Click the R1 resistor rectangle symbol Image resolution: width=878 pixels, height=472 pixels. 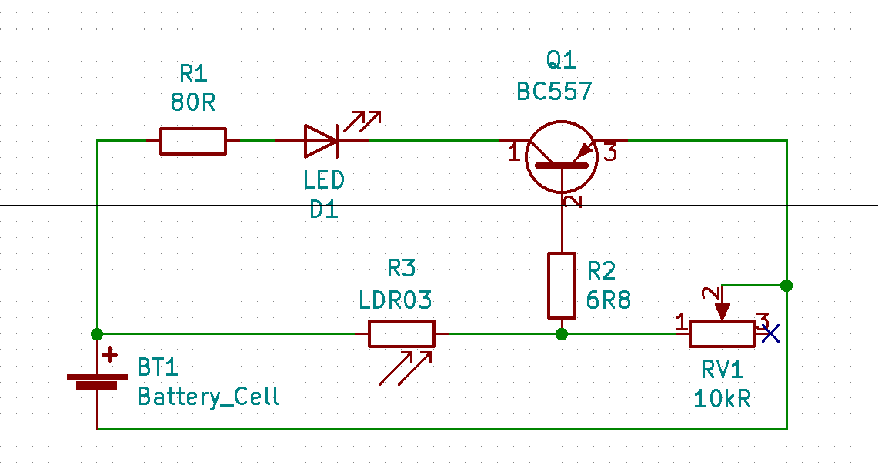tap(193, 141)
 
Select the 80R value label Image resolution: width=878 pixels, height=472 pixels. tap(193, 102)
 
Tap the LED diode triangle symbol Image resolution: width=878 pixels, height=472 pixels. tap(321, 141)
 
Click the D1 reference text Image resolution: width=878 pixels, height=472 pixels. tap(324, 209)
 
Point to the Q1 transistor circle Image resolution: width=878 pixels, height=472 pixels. tap(562, 156)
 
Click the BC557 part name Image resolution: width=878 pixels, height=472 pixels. tap(554, 92)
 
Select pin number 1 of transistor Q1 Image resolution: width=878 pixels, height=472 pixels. tap(514, 153)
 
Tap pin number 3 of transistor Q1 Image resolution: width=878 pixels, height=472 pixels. tap(609, 153)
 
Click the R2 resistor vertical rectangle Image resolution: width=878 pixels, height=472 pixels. tap(562, 285)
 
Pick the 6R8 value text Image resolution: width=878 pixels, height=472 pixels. tap(608, 300)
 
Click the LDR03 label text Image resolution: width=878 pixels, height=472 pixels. tap(396, 300)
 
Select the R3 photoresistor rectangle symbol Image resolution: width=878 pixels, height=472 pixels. tap(401, 333)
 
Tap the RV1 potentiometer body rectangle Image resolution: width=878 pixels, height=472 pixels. tap(721, 333)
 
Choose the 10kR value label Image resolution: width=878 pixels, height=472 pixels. tap(722, 399)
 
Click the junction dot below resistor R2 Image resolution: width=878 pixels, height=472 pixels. tap(562, 333)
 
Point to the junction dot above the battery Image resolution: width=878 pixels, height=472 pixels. tap(97, 333)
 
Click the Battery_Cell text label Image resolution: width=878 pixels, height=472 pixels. tap(208, 397)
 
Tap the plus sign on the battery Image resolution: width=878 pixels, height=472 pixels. tap(111, 355)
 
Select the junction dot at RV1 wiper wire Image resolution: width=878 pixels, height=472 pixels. tap(786, 286)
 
